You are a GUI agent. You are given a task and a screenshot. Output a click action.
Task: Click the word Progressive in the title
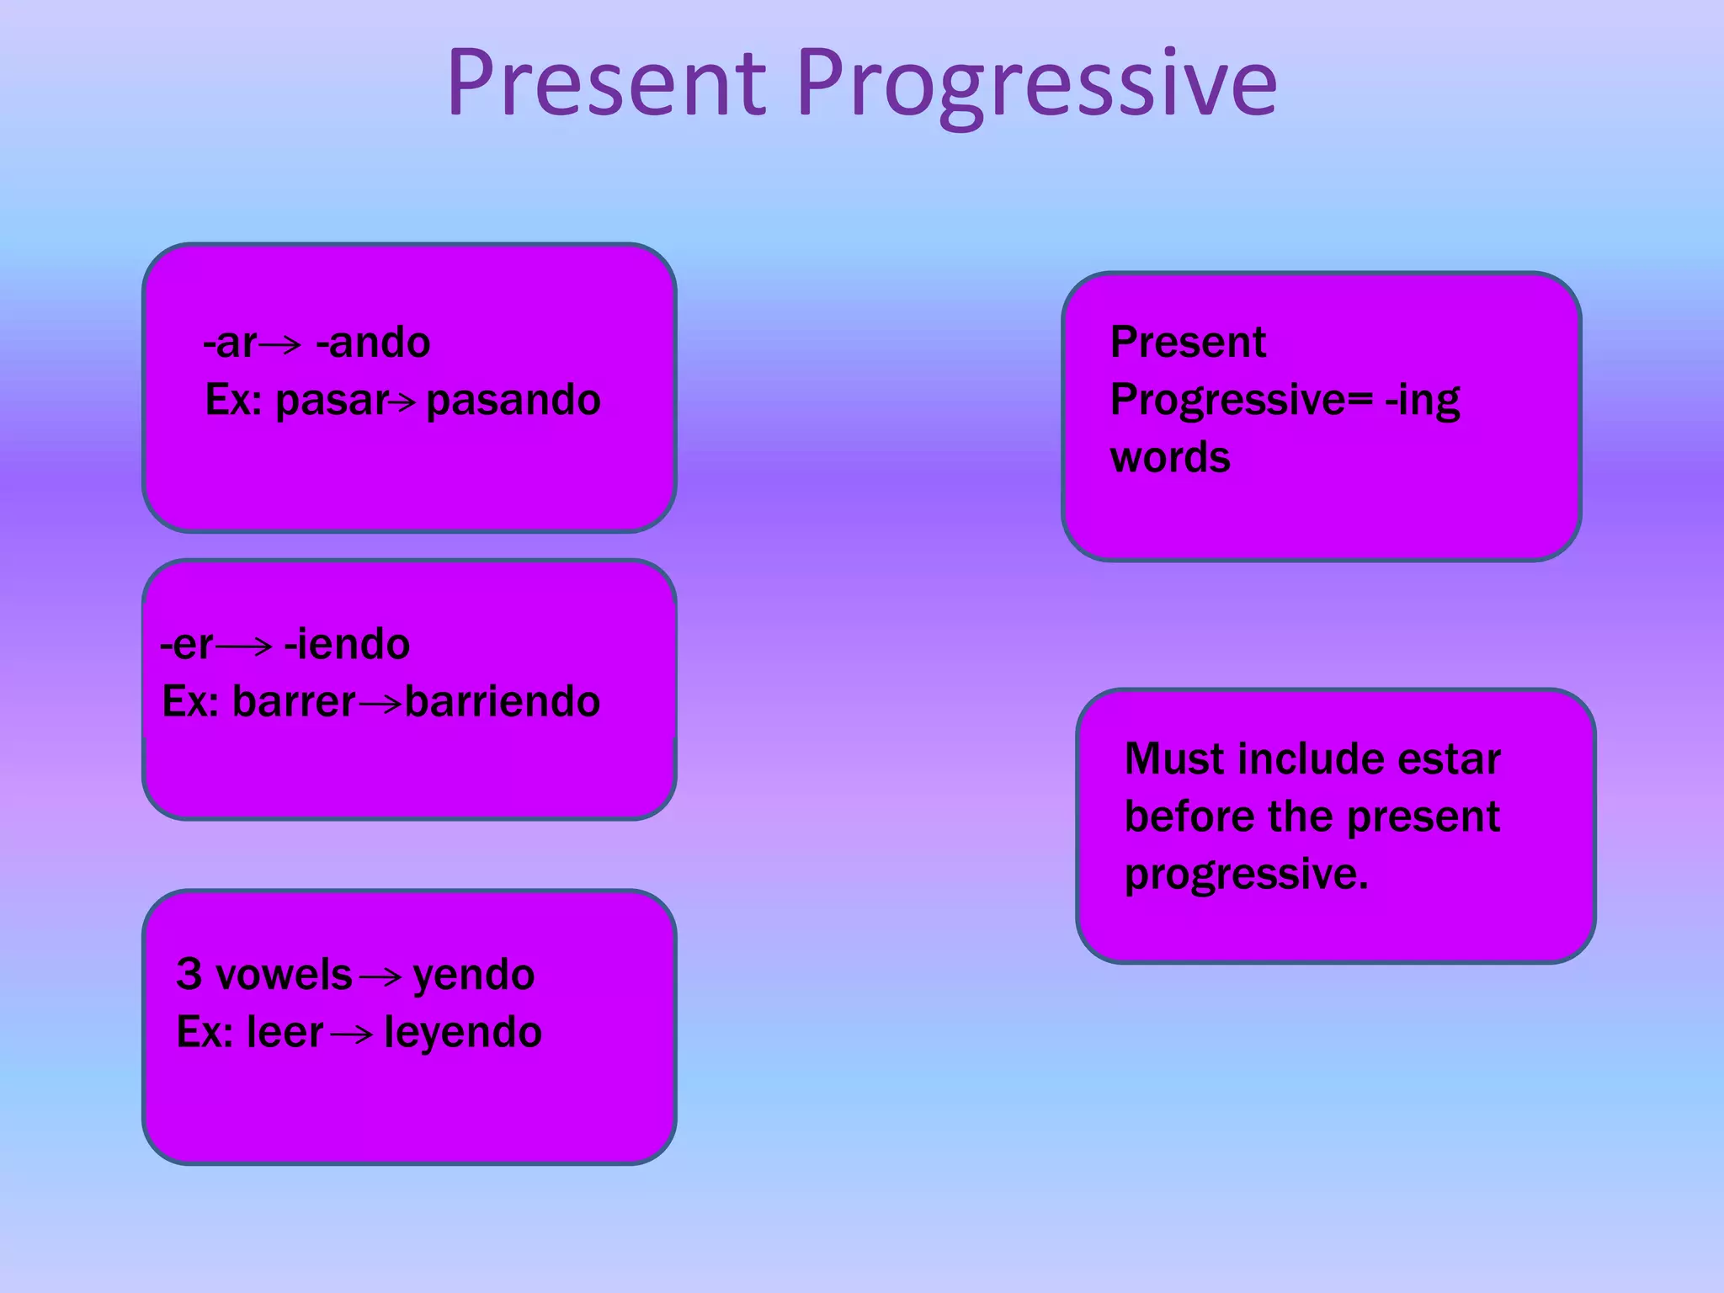(x=1036, y=84)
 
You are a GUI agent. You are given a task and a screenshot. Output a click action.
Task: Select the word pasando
(x=513, y=400)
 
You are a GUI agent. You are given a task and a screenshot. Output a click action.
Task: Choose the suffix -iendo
(x=347, y=645)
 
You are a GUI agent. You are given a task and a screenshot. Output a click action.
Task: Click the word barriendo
(x=503, y=702)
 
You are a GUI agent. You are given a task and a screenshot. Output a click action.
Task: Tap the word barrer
(x=294, y=702)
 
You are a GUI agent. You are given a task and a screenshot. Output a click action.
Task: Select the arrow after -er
(x=244, y=646)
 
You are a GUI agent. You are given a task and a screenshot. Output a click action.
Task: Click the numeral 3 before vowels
(x=189, y=974)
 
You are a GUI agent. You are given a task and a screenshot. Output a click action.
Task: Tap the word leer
(x=285, y=1033)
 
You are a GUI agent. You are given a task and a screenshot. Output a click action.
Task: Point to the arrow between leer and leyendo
(x=352, y=1035)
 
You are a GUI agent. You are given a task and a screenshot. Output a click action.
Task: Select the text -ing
(x=1423, y=401)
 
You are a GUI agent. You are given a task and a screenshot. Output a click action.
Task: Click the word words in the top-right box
(x=1170, y=458)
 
